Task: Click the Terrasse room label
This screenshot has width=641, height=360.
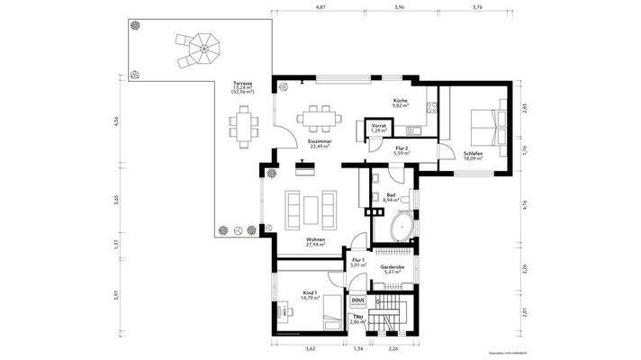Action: tap(241, 83)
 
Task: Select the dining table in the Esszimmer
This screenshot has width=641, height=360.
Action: tap(314, 116)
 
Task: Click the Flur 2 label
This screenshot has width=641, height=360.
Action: tap(402, 149)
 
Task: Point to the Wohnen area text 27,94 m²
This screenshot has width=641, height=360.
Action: tap(314, 244)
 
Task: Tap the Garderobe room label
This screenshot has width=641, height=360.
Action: tap(393, 268)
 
